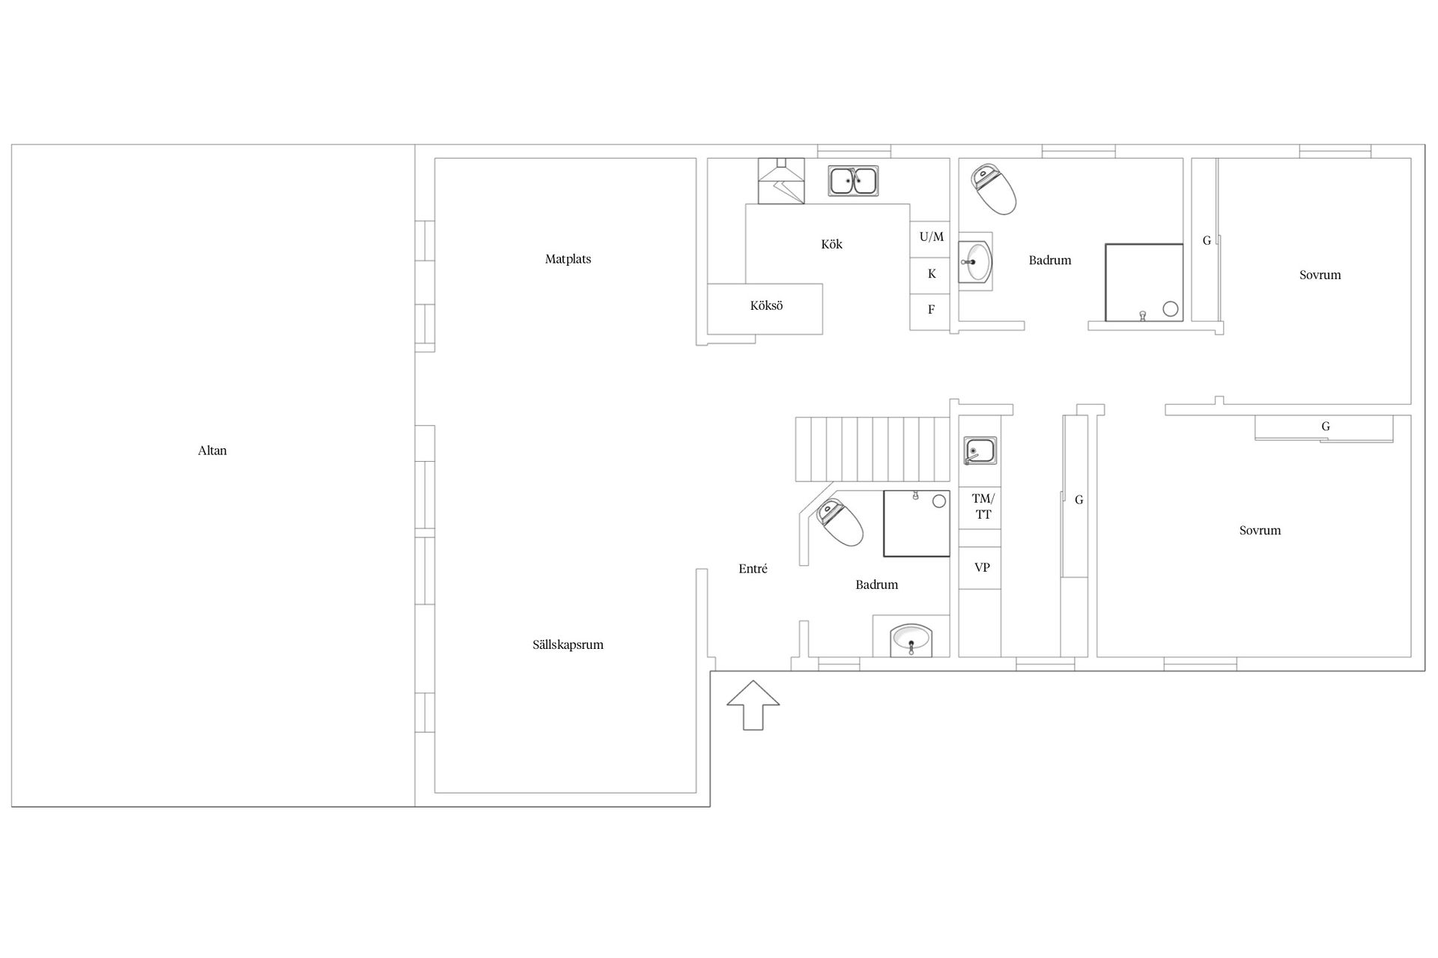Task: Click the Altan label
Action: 212,451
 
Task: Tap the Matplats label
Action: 568,260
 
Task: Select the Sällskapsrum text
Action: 568,644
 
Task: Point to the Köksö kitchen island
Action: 765,309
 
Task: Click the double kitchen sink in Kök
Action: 853,181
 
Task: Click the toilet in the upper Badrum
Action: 994,189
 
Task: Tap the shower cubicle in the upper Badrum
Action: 1144,282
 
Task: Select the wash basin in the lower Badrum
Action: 911,640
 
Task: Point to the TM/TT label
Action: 983,507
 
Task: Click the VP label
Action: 982,567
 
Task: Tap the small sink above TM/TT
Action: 980,451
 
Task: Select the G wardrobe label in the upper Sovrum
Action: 1207,241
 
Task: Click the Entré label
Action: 753,569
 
